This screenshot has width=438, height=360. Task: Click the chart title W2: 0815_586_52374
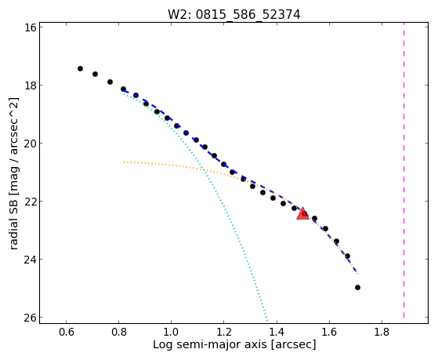(233, 14)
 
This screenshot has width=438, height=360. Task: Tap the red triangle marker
(302, 214)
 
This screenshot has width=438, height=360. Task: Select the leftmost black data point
(80, 68)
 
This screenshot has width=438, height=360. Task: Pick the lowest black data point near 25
(357, 287)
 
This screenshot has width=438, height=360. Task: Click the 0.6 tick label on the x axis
(66, 332)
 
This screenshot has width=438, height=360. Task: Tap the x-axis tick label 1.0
(172, 332)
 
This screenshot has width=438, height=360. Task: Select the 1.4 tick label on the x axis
(277, 332)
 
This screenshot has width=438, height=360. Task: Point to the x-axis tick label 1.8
(382, 332)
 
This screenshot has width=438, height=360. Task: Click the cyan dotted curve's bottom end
(267, 320)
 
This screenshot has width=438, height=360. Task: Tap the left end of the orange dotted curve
(125, 162)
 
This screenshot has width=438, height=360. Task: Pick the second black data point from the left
(95, 75)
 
